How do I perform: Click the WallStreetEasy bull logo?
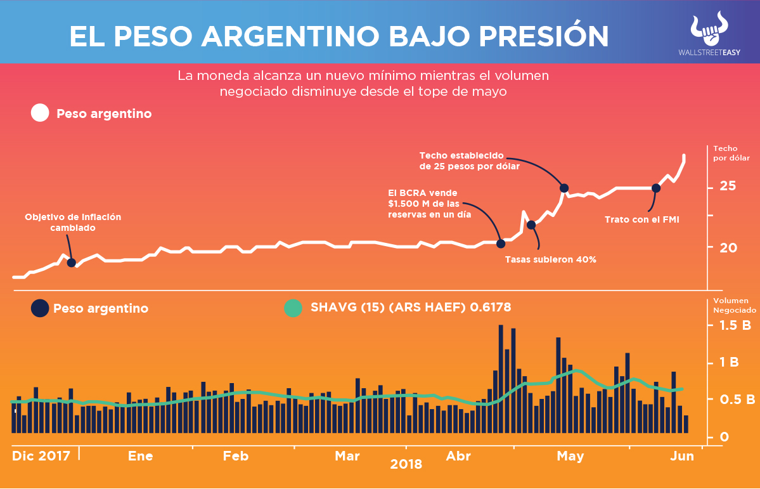point(709,29)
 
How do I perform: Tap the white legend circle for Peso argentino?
point(40,114)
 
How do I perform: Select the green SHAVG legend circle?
point(293,308)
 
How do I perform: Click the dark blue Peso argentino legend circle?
point(40,308)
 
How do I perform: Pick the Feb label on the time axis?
point(235,456)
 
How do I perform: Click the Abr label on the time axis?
point(458,456)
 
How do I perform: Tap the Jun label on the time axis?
point(683,456)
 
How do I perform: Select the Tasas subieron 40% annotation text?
point(550,259)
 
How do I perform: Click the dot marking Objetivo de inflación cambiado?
point(72,263)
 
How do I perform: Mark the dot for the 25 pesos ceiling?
point(564,188)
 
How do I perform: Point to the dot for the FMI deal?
point(656,188)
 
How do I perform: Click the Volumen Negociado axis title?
point(734,306)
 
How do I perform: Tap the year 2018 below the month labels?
point(406,465)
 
